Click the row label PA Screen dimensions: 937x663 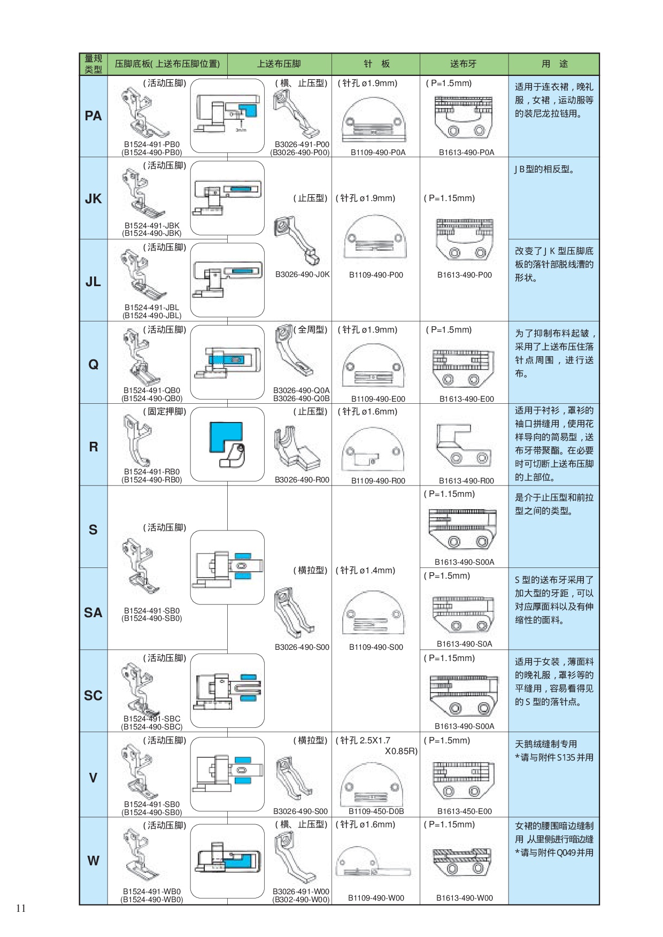pyautogui.click(x=93, y=116)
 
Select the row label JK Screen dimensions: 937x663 pyautogui.click(x=93, y=199)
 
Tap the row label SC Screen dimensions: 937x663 pyautogui.click(x=93, y=695)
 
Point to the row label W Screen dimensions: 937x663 pyautogui.click(x=93, y=861)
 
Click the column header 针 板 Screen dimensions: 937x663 pyautogui.click(x=376, y=64)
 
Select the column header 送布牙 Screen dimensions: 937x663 pyautogui.click(x=463, y=64)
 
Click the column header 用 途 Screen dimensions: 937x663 pyautogui.click(x=554, y=64)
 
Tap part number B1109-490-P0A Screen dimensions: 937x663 pyautogui.click(x=378, y=152)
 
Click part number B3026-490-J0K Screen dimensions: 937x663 pyautogui.click(x=302, y=274)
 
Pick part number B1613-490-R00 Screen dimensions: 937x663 pyautogui.click(x=466, y=481)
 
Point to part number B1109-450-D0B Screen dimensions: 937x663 pyautogui.click(x=376, y=811)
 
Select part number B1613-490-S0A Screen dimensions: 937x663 pyautogui.click(x=464, y=644)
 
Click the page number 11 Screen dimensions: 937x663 pyautogui.click(x=21, y=908)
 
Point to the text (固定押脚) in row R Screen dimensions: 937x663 pyautogui.click(x=164, y=411)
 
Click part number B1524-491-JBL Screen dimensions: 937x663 pyautogui.click(x=152, y=308)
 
